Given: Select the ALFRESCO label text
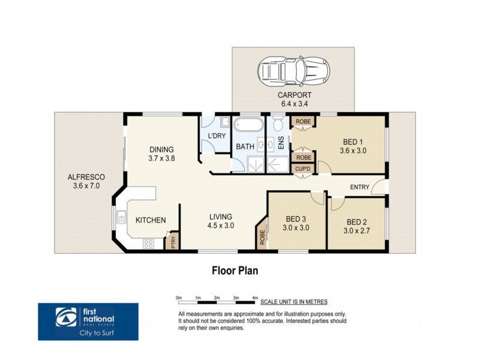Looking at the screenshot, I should point(86,177).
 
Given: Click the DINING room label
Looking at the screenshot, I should point(161,150).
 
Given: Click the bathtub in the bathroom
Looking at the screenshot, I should point(247,127).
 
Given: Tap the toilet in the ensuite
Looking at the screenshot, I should point(278,125).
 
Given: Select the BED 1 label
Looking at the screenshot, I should point(352,142).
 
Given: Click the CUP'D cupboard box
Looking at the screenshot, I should point(302,169).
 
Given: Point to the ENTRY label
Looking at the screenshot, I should point(359,187).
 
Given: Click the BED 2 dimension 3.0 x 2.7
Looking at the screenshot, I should point(356,230).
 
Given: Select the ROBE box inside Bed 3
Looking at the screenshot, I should point(262,236).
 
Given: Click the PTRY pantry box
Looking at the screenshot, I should point(173,241).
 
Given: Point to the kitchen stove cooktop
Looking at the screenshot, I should point(148,243).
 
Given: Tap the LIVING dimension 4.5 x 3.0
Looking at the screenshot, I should point(221,226).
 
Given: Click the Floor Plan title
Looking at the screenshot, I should point(235,270).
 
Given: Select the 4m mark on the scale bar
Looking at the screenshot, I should point(255,298).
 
